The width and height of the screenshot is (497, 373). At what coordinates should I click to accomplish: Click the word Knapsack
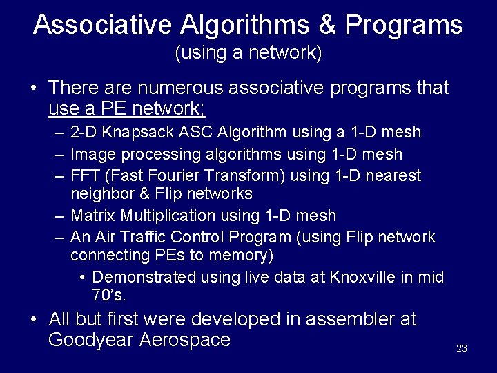(x=136, y=132)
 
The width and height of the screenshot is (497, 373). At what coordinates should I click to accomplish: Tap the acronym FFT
(x=85, y=176)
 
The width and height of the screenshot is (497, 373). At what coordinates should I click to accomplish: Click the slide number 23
(x=462, y=348)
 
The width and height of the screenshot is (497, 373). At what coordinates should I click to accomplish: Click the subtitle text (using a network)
(x=248, y=53)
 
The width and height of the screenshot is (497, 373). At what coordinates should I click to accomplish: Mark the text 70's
(x=108, y=296)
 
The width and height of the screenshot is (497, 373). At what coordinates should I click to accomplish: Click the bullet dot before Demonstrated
(x=82, y=278)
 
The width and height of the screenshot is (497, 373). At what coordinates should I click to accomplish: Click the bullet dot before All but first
(x=33, y=320)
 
